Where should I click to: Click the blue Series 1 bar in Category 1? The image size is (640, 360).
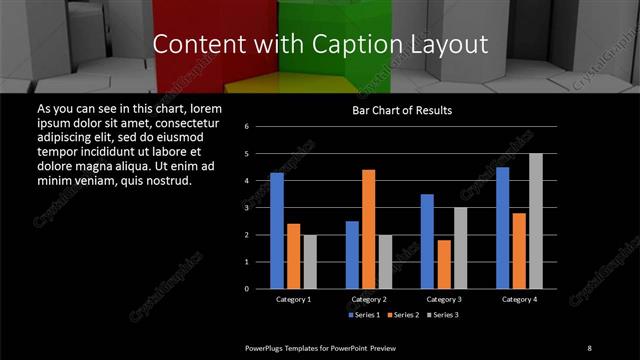click(277, 231)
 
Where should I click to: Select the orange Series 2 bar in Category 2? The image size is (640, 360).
click(369, 229)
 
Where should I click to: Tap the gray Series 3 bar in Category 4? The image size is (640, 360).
click(536, 221)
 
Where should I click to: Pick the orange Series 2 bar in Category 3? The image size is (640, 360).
click(444, 264)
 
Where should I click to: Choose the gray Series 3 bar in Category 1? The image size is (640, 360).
click(310, 262)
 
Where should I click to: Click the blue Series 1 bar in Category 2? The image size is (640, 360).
click(352, 255)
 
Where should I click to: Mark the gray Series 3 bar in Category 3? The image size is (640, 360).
click(460, 248)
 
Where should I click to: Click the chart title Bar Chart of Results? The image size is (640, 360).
click(402, 109)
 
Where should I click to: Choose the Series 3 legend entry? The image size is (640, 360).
click(443, 315)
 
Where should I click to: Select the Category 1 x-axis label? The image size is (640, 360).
click(293, 299)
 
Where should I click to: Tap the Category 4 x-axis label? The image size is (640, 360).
click(519, 299)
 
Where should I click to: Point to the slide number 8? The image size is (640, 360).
click(589, 347)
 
